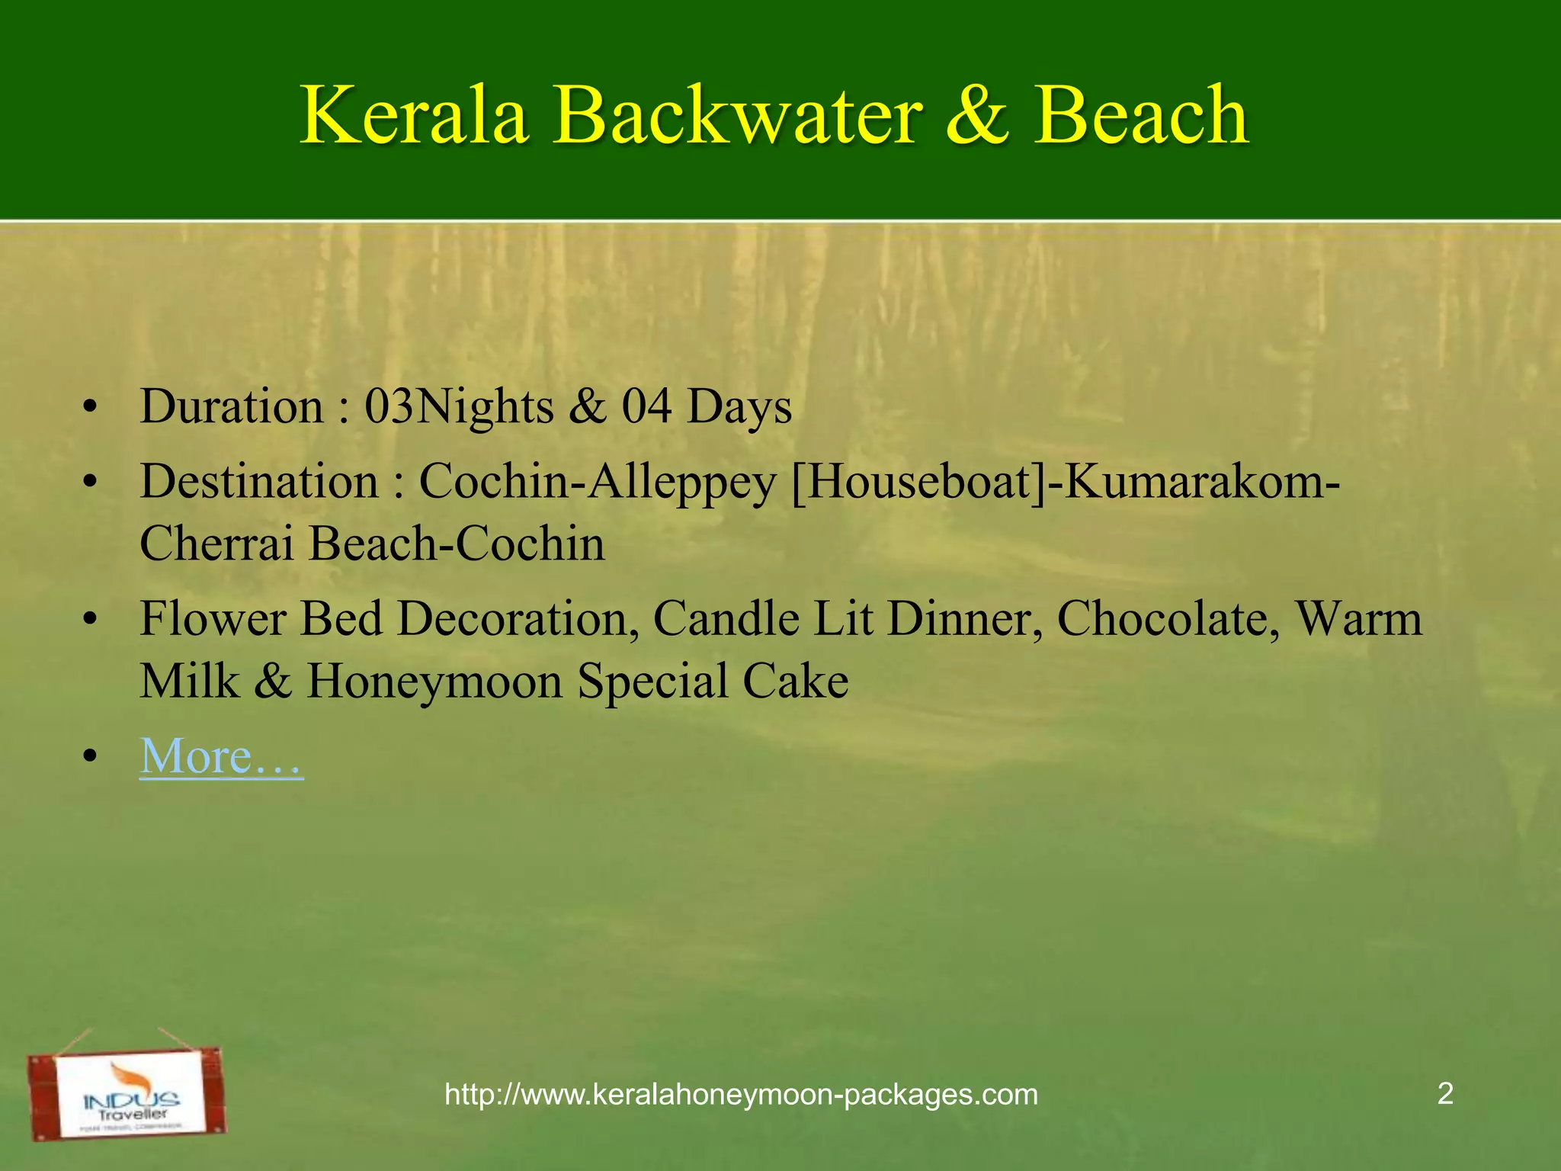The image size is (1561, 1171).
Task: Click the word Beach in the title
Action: pos(1141,116)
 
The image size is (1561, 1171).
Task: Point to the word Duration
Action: pos(232,406)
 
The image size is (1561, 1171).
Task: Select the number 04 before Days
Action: pos(646,406)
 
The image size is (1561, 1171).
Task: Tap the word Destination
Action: pos(259,482)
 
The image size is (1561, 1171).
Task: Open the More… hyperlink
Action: pos(222,756)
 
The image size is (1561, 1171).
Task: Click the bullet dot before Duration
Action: pos(91,409)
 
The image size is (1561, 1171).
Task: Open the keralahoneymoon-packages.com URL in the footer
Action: pos(741,1095)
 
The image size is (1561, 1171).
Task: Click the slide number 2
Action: pos(1444,1094)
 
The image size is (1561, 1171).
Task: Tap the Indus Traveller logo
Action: pos(127,1093)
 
